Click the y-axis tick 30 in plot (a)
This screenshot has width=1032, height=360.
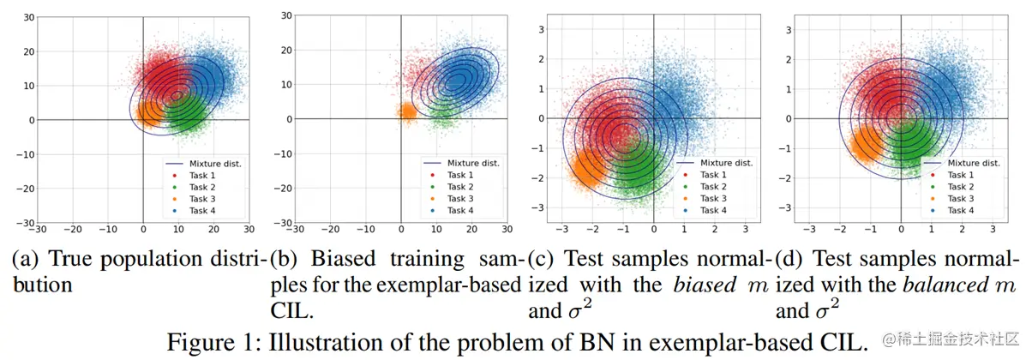click(x=28, y=17)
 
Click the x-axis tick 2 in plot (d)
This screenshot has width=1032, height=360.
click(x=962, y=230)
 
